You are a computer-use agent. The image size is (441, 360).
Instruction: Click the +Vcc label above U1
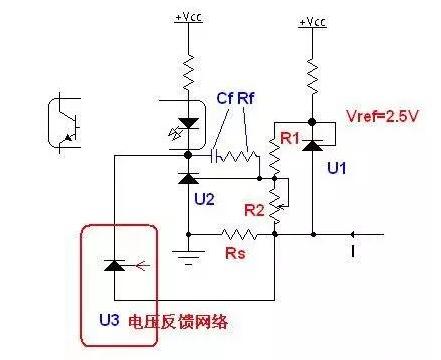(313, 20)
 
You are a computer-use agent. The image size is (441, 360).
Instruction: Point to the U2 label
(204, 199)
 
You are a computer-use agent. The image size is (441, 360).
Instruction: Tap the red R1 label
(289, 139)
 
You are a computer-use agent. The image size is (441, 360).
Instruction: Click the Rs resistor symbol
(240, 236)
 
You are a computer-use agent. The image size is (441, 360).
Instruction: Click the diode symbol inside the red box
(116, 265)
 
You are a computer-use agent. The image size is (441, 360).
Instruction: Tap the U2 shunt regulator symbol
(187, 178)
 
